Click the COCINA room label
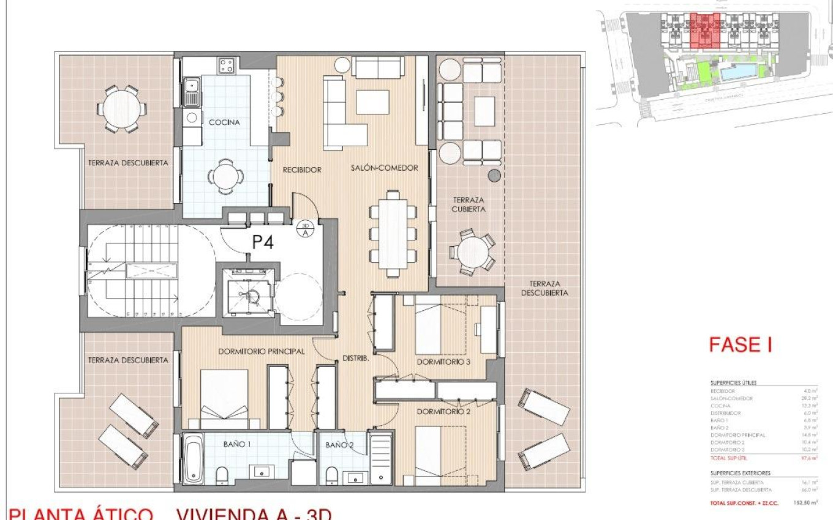(x=224, y=122)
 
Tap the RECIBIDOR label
(x=301, y=169)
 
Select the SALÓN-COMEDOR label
(x=384, y=168)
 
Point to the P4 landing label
(x=263, y=242)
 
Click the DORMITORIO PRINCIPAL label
(x=262, y=351)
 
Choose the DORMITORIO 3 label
(x=444, y=362)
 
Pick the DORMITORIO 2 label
(x=444, y=412)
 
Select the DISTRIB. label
(x=355, y=358)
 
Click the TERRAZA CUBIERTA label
(x=469, y=204)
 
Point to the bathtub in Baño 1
(x=193, y=459)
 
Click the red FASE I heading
(x=740, y=345)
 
